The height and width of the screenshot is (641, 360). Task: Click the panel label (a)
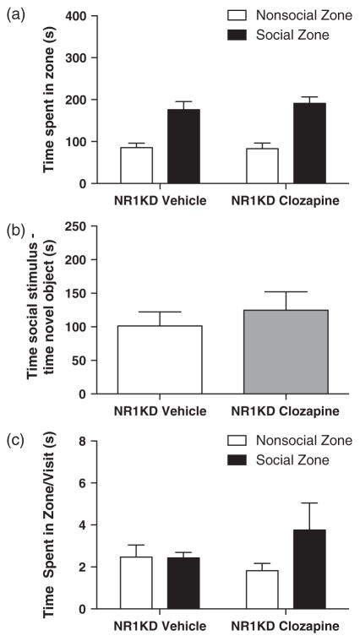pyautogui.click(x=14, y=14)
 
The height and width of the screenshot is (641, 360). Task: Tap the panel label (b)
pyautogui.click(x=14, y=225)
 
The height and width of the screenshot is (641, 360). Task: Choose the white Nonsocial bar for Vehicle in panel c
pyautogui.click(x=136, y=582)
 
